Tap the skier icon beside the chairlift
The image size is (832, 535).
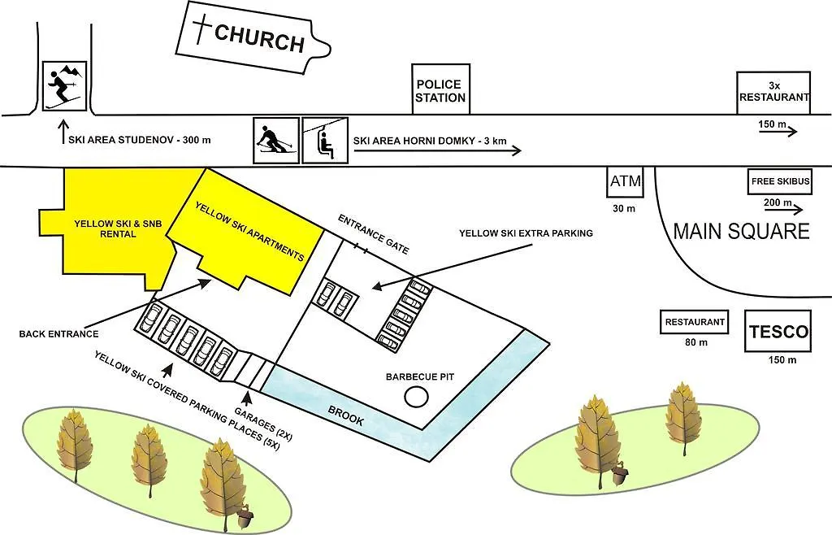pyautogui.click(x=276, y=141)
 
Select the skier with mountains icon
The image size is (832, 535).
pyautogui.click(x=64, y=86)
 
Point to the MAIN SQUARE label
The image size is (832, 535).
pyautogui.click(x=741, y=232)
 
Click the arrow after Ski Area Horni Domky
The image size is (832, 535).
pyautogui.click(x=438, y=151)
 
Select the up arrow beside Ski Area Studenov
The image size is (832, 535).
pyautogui.click(x=63, y=133)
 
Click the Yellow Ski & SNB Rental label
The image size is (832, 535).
pyautogui.click(x=118, y=228)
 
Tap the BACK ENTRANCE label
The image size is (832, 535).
pyautogui.click(x=58, y=334)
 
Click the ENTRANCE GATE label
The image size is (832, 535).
pyautogui.click(x=373, y=234)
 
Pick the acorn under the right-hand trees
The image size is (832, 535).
pyautogui.click(x=618, y=473)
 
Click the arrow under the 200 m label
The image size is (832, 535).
pyautogui.click(x=783, y=211)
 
